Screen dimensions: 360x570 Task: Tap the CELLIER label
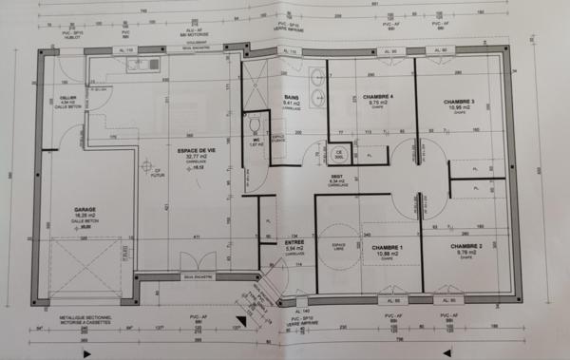pyautogui.click(x=67, y=98)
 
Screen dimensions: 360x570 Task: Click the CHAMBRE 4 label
pyautogui.click(x=378, y=96)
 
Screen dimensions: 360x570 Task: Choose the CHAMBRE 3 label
pyautogui.click(x=460, y=102)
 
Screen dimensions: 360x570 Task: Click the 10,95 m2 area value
pyautogui.click(x=460, y=108)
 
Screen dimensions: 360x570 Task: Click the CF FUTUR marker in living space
pyautogui.click(x=145, y=172)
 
